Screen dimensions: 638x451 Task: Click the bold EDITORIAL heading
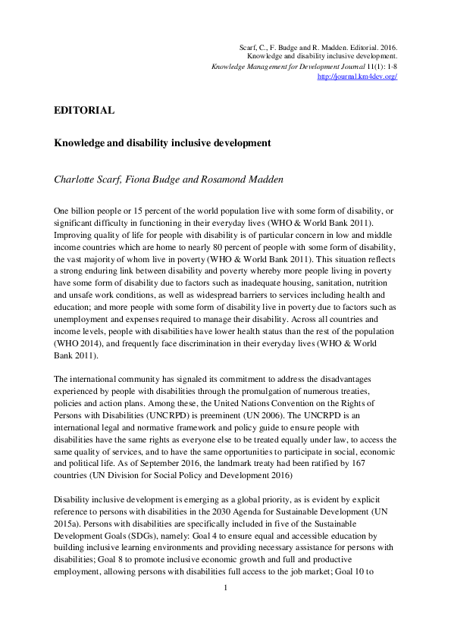click(84, 110)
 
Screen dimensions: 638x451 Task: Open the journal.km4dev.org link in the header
click(356, 77)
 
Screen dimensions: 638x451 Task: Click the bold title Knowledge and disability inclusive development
click(158, 142)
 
